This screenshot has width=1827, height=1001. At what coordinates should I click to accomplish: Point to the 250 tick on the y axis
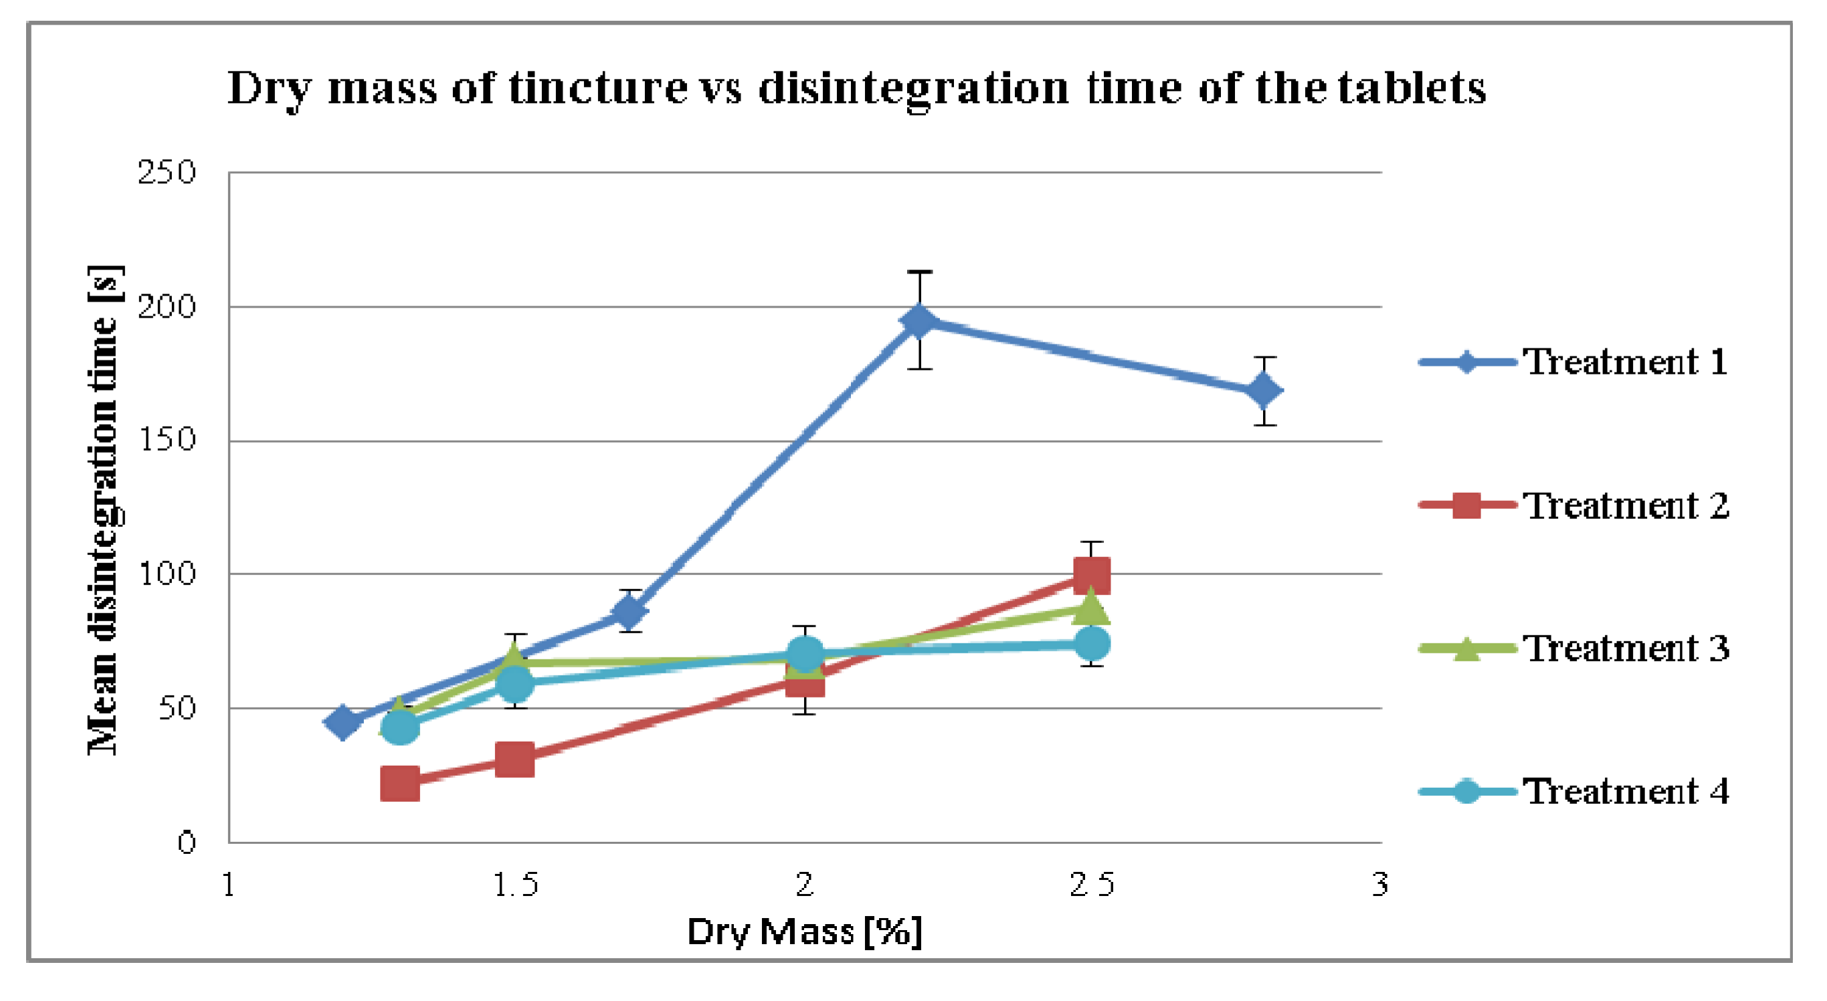167,173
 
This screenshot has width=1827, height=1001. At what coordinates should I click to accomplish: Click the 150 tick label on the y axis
167,440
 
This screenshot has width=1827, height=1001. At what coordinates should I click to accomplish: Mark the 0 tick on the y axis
187,843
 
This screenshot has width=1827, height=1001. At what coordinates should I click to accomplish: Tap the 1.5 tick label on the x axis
516,885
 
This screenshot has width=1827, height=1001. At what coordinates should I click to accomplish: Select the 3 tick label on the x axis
1379,885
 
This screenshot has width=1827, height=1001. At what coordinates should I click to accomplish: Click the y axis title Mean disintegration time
104,510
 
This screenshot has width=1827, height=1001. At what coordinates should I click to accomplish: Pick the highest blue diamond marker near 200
919,321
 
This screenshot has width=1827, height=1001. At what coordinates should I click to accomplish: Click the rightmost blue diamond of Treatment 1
1264,391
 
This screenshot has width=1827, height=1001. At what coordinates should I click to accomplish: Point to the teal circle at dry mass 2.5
1092,644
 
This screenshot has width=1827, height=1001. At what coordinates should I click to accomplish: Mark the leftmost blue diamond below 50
342,722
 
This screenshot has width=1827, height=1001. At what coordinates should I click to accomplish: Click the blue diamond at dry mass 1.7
629,611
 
